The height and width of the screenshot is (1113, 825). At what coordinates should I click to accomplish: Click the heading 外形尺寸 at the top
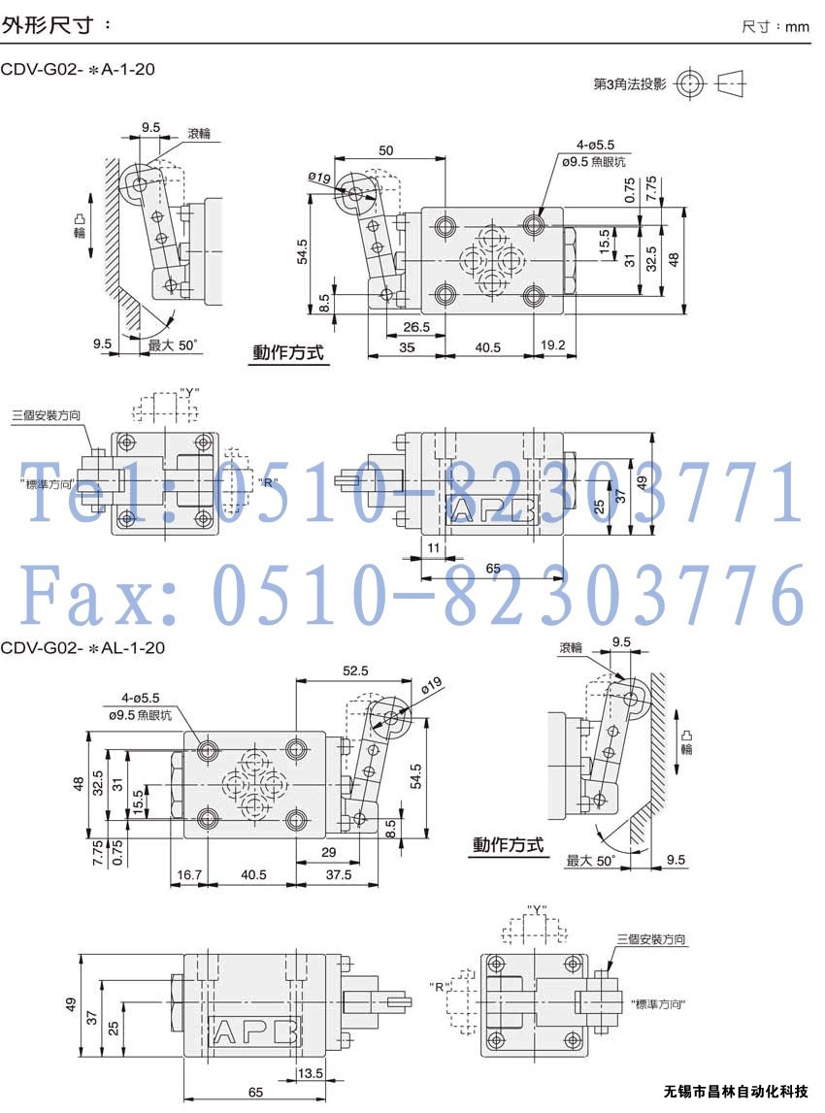click(x=48, y=25)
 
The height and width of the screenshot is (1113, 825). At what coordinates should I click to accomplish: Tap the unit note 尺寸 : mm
click(x=775, y=27)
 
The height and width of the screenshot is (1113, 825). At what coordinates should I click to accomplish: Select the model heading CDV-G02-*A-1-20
click(x=78, y=70)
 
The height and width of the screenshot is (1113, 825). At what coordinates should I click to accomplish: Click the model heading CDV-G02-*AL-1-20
click(x=82, y=647)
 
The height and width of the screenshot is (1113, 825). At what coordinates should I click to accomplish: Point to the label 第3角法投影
click(x=630, y=84)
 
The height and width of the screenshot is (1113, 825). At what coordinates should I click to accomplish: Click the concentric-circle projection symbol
click(x=690, y=84)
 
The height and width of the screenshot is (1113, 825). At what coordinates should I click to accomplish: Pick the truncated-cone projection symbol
click(x=731, y=83)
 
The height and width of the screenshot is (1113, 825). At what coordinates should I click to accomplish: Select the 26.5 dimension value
click(x=416, y=327)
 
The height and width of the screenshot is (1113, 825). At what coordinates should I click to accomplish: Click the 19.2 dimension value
click(x=553, y=345)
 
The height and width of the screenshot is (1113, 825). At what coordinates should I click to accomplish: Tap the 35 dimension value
click(x=407, y=347)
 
